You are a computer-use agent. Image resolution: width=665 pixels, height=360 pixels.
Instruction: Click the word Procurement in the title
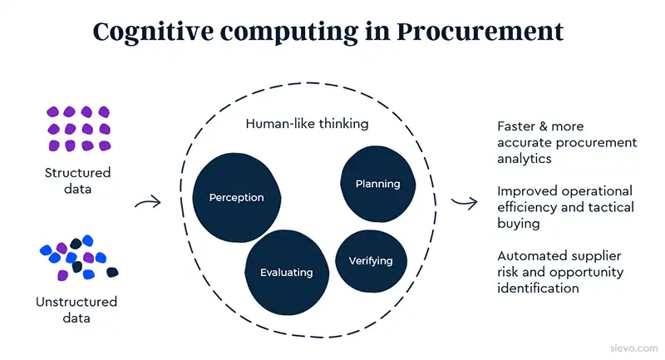(x=480, y=32)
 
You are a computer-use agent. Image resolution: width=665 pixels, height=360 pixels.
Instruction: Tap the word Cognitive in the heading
(x=153, y=32)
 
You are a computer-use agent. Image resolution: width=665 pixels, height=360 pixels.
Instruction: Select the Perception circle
(x=237, y=198)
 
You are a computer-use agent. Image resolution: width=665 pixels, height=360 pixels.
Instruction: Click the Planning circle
(x=378, y=184)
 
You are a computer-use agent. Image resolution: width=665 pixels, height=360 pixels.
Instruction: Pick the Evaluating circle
(x=287, y=272)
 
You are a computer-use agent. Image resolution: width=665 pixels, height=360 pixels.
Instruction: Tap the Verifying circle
(x=371, y=261)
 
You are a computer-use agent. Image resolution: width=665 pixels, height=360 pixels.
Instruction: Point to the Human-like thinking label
(x=307, y=124)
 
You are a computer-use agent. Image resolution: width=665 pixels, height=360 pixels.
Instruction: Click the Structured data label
(x=77, y=180)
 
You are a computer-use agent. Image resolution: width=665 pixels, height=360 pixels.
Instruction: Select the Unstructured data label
(x=76, y=309)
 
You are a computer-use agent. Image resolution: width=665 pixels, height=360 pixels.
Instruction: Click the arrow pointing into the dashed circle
(x=148, y=202)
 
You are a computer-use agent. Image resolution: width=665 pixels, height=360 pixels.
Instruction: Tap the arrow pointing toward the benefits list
(x=465, y=202)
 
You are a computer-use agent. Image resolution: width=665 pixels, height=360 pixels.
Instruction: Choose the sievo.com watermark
(x=634, y=348)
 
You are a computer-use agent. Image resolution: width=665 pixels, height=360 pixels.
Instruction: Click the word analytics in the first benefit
(x=525, y=159)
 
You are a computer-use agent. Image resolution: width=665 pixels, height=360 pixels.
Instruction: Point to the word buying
(x=518, y=224)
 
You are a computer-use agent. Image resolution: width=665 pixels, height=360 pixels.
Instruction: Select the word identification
(x=538, y=288)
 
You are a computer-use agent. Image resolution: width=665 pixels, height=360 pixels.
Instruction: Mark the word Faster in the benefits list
(x=515, y=126)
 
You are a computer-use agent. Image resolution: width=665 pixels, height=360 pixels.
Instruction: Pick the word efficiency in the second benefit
(x=527, y=207)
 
